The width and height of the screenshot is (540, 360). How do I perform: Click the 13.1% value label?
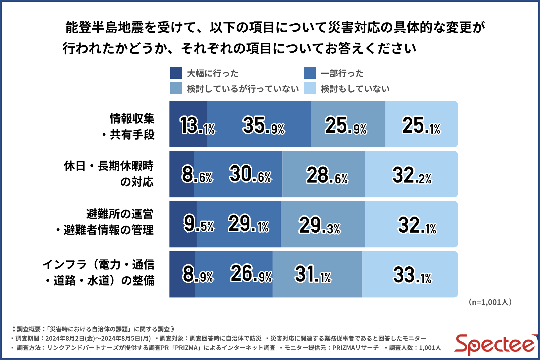point(197,125)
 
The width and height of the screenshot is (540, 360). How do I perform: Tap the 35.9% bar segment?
point(259,124)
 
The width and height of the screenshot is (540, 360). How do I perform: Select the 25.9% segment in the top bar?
point(348,124)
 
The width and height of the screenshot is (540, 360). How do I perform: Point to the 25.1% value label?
point(421,125)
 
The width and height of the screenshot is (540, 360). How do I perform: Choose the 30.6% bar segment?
point(238,174)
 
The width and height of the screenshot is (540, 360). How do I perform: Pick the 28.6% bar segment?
point(323,174)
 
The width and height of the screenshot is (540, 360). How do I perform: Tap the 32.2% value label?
point(412,175)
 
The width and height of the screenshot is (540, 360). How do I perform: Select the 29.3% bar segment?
point(323,224)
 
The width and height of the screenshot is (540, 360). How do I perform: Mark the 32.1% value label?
point(417,225)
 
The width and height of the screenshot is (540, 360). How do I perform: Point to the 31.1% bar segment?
point(317,274)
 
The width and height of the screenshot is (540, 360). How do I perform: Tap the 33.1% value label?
point(412,275)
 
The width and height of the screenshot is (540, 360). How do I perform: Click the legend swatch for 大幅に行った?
point(176,73)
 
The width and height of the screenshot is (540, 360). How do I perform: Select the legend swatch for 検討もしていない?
point(310,88)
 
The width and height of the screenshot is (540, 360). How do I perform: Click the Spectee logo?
point(495,345)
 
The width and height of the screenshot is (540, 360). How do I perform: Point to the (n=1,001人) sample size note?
point(490,302)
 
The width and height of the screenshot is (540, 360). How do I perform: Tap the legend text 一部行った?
point(342,73)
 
